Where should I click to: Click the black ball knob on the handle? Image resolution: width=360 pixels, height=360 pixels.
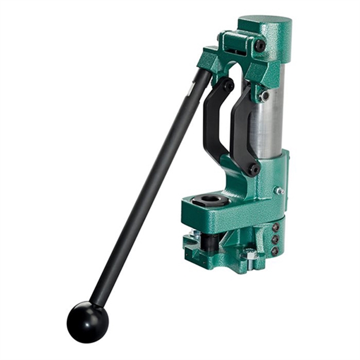coord(87,321)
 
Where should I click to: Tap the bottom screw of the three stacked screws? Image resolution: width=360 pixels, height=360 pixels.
coord(275,251)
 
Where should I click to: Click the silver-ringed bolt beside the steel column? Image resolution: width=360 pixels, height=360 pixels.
coord(264,96)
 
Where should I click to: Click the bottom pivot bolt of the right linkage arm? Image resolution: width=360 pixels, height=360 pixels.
coord(252,169)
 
